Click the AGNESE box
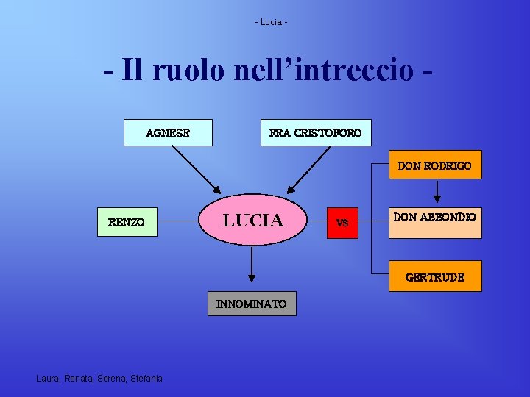168,133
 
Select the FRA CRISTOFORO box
316,133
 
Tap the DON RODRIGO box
434,166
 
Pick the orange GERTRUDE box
434,276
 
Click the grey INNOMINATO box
252,304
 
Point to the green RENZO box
127,221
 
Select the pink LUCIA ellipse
252,220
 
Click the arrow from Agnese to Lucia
195,168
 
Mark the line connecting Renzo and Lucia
179,219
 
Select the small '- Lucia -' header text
271,22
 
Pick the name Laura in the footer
48,378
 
